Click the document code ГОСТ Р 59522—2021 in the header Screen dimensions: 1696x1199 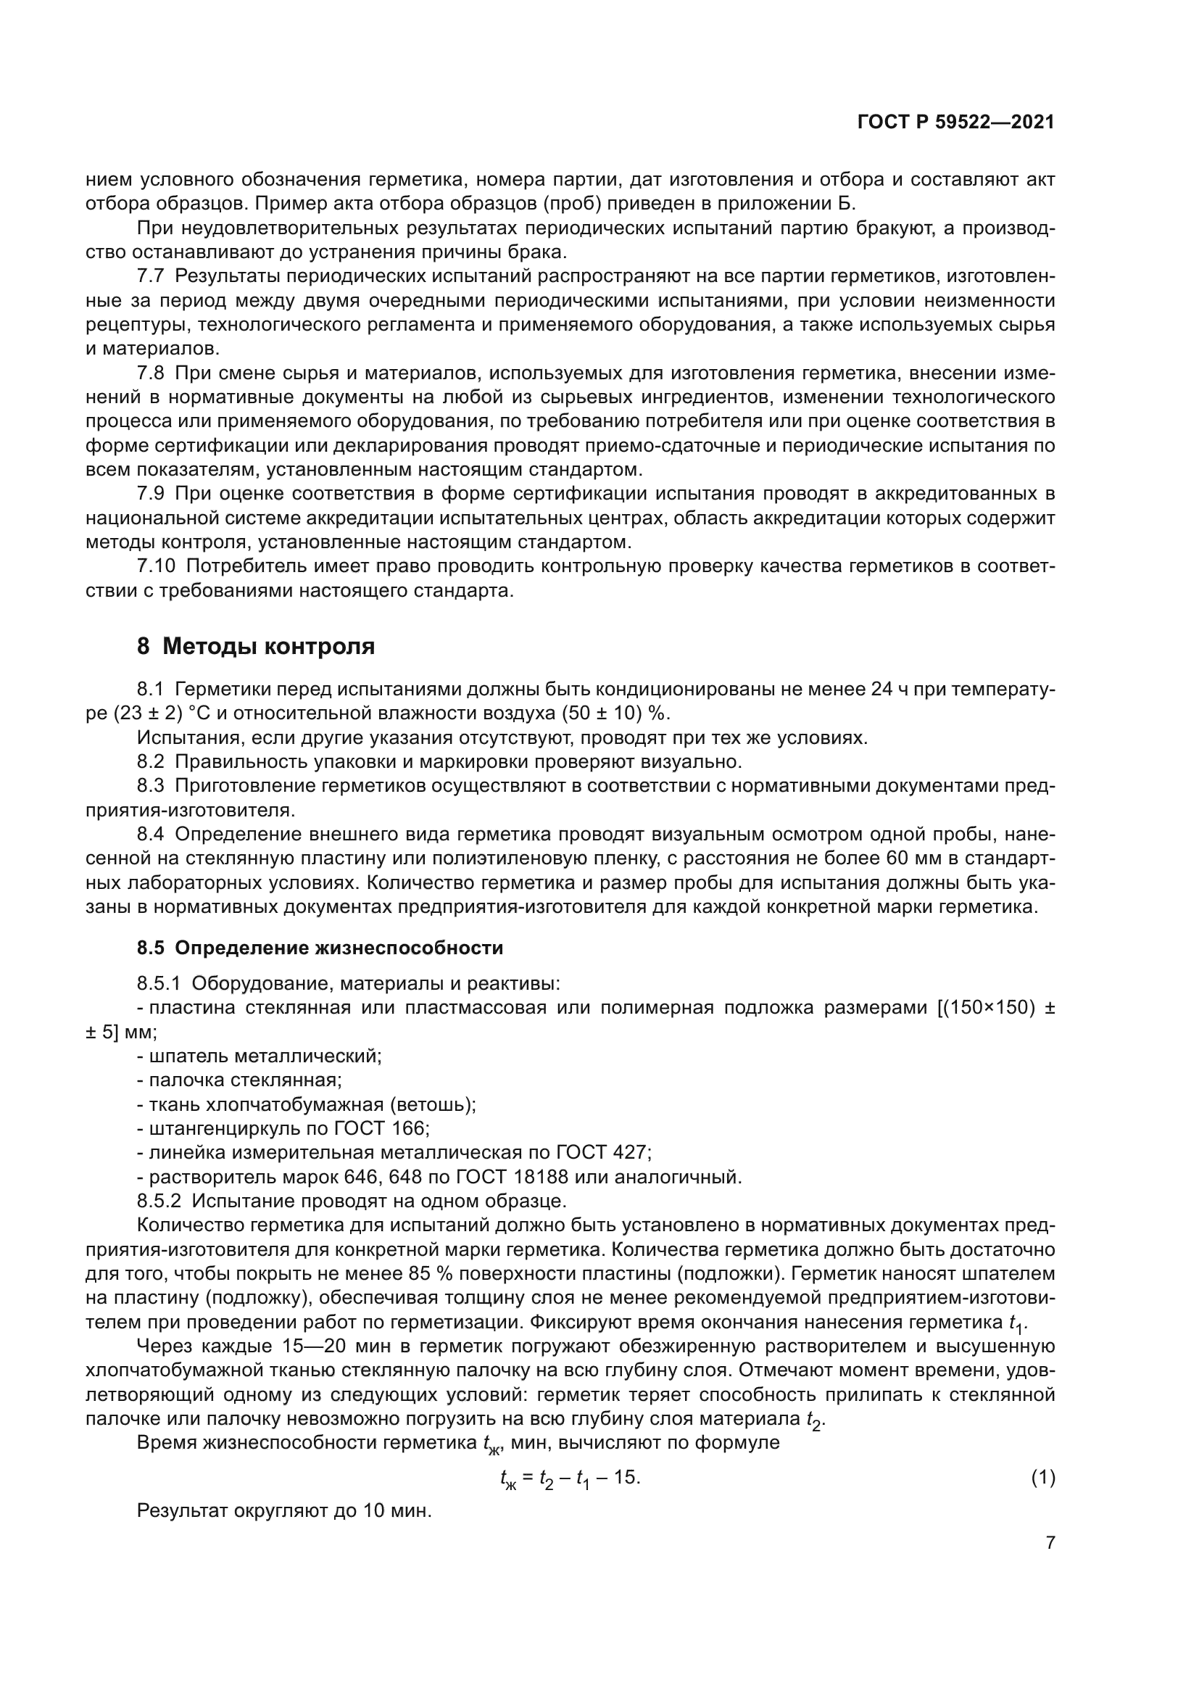(x=955, y=123)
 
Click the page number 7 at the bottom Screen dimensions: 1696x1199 (x=1050, y=1543)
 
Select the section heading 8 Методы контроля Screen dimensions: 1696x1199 (x=255, y=646)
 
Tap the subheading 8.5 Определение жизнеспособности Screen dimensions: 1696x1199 (x=320, y=948)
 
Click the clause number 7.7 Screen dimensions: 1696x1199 (x=151, y=276)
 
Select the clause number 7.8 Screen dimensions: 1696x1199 (x=151, y=373)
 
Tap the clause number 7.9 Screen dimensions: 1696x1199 (x=151, y=494)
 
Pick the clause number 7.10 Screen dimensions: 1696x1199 (x=156, y=566)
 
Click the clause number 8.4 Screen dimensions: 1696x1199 (x=151, y=835)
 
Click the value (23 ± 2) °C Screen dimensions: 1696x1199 (x=162, y=713)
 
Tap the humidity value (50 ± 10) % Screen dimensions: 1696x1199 (x=614, y=713)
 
